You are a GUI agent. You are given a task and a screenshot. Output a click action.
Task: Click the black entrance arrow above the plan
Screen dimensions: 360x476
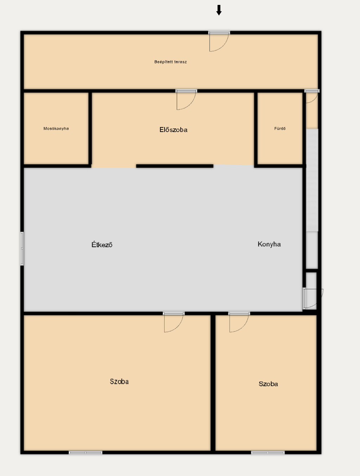tap(219, 10)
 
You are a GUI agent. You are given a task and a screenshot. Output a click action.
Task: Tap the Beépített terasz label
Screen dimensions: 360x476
tap(171, 62)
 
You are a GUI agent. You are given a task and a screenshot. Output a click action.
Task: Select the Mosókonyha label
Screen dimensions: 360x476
tap(56, 128)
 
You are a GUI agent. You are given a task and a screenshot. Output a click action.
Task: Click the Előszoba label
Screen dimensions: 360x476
tap(173, 130)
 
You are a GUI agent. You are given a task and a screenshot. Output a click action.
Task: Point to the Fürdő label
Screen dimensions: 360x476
tap(280, 128)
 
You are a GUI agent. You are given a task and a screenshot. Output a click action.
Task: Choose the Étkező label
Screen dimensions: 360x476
tap(102, 245)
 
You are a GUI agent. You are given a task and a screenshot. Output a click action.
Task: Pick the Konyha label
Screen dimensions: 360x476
tap(269, 244)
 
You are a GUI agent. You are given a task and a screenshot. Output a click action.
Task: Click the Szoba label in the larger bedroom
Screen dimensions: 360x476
tap(119, 381)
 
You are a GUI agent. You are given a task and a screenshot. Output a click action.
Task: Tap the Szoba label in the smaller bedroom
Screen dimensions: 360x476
tap(268, 384)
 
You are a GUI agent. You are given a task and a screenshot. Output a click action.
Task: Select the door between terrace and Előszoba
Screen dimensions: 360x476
tap(186, 100)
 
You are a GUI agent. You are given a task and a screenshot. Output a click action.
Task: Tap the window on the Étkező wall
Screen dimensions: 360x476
tap(22, 248)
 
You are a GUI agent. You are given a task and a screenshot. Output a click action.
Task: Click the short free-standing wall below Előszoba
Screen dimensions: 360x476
tap(175, 166)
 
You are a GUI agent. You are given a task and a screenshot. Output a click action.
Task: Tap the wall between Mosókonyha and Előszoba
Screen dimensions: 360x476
tap(90, 129)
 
